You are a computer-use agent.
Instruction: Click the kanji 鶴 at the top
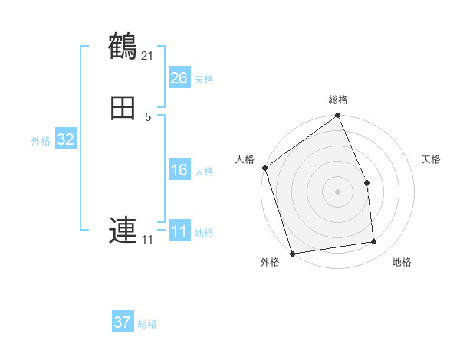(x=123, y=47)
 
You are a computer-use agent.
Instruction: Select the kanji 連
(x=123, y=230)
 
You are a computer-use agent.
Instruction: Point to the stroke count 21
(x=147, y=56)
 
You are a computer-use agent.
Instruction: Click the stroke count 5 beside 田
(x=148, y=117)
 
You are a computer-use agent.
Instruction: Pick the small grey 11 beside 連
(x=147, y=240)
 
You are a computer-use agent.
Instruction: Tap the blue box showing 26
(x=179, y=78)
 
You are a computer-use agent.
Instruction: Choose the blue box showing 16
(x=179, y=170)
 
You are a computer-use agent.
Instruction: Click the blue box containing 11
(x=179, y=231)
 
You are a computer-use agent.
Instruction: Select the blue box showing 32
(x=66, y=139)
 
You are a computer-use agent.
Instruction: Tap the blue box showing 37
(x=123, y=322)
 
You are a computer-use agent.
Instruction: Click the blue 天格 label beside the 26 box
(x=204, y=80)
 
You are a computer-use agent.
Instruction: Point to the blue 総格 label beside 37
(x=147, y=324)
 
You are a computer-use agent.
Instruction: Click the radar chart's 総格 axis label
(x=338, y=100)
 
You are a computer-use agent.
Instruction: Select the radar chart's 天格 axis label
(x=431, y=159)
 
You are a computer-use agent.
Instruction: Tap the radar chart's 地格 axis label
(x=402, y=263)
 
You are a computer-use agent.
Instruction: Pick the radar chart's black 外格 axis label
(x=270, y=263)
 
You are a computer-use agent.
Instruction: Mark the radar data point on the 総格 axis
(x=338, y=116)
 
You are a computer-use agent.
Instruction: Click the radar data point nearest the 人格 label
(x=265, y=168)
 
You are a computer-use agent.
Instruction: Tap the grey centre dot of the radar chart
(x=338, y=191)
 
